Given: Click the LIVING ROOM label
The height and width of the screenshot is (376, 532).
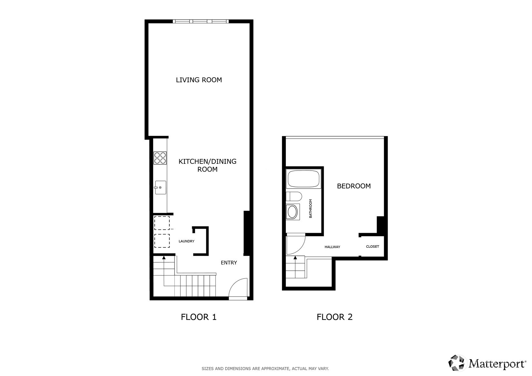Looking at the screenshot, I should click(199, 80).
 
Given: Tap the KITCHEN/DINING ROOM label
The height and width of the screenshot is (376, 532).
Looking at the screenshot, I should click(207, 165).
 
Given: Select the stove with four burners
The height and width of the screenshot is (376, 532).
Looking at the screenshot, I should click(160, 158).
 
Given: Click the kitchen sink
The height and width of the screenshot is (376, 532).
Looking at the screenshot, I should click(160, 187).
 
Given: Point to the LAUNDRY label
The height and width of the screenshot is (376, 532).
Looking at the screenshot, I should click(186, 241).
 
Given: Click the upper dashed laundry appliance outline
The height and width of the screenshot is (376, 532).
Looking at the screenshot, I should click(162, 223).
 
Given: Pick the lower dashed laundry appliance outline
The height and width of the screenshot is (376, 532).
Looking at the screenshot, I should click(162, 241).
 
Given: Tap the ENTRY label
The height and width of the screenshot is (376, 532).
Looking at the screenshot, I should click(229, 263).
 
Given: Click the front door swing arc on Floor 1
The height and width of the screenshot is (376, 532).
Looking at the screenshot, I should click(238, 287).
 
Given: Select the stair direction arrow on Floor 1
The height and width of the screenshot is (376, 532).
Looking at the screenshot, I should click(164, 258).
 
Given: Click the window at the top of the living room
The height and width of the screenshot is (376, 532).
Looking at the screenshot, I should click(201, 22).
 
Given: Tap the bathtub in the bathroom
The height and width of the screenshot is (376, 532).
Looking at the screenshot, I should click(303, 179).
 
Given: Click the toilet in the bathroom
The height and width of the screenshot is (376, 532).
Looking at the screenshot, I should click(294, 196).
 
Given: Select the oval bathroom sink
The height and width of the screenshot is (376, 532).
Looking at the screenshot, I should click(293, 212).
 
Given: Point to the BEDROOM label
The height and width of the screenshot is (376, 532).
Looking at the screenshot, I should click(354, 186).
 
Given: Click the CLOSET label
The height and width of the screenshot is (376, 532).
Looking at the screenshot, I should click(372, 246).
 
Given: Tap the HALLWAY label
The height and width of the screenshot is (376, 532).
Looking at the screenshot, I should click(332, 247).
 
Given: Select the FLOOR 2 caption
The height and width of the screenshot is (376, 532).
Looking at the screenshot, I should click(334, 317).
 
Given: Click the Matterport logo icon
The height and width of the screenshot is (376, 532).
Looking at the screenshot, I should click(456, 363).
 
